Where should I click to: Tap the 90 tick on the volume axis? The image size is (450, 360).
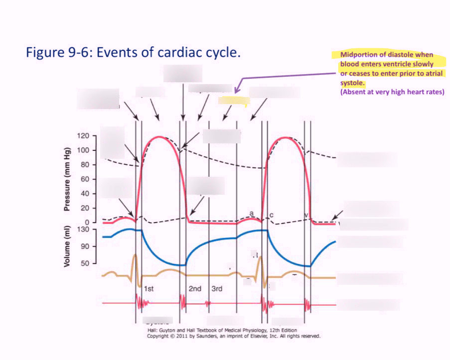click(86, 246)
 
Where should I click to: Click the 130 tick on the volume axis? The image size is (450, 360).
click(83, 229)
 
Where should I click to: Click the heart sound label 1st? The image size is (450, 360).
click(149, 289)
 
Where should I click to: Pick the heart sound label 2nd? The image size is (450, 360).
click(195, 289)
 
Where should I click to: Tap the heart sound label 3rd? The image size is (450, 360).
click(217, 289)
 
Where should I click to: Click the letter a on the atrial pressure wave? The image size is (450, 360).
click(252, 213)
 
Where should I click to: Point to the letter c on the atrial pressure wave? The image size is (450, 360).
click(271, 215)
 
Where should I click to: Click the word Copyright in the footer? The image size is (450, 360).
click(160, 336)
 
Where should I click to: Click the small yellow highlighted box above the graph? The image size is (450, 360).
click(233, 101)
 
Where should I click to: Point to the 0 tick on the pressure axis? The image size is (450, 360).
click(86, 222)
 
